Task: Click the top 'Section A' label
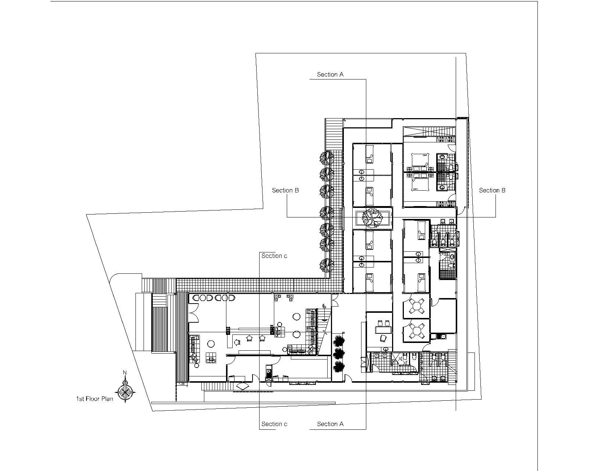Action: click(330, 75)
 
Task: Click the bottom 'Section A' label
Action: click(330, 424)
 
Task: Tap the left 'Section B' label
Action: click(285, 190)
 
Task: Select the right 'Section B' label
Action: click(492, 190)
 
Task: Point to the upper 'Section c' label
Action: click(274, 256)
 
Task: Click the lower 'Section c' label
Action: click(274, 424)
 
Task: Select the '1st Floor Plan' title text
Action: click(95, 399)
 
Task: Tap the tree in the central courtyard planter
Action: click(372, 218)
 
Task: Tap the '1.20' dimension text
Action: click(181, 384)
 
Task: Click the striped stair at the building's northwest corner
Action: click(334, 133)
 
